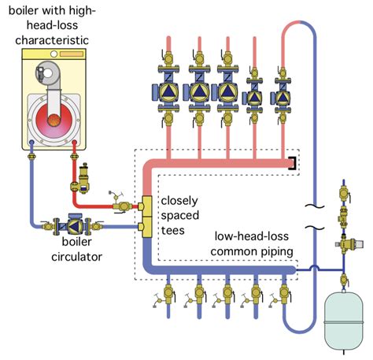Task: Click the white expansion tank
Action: point(342,318)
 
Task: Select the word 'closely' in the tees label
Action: point(179,199)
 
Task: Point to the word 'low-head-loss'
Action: point(253,236)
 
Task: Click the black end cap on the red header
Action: point(293,163)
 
